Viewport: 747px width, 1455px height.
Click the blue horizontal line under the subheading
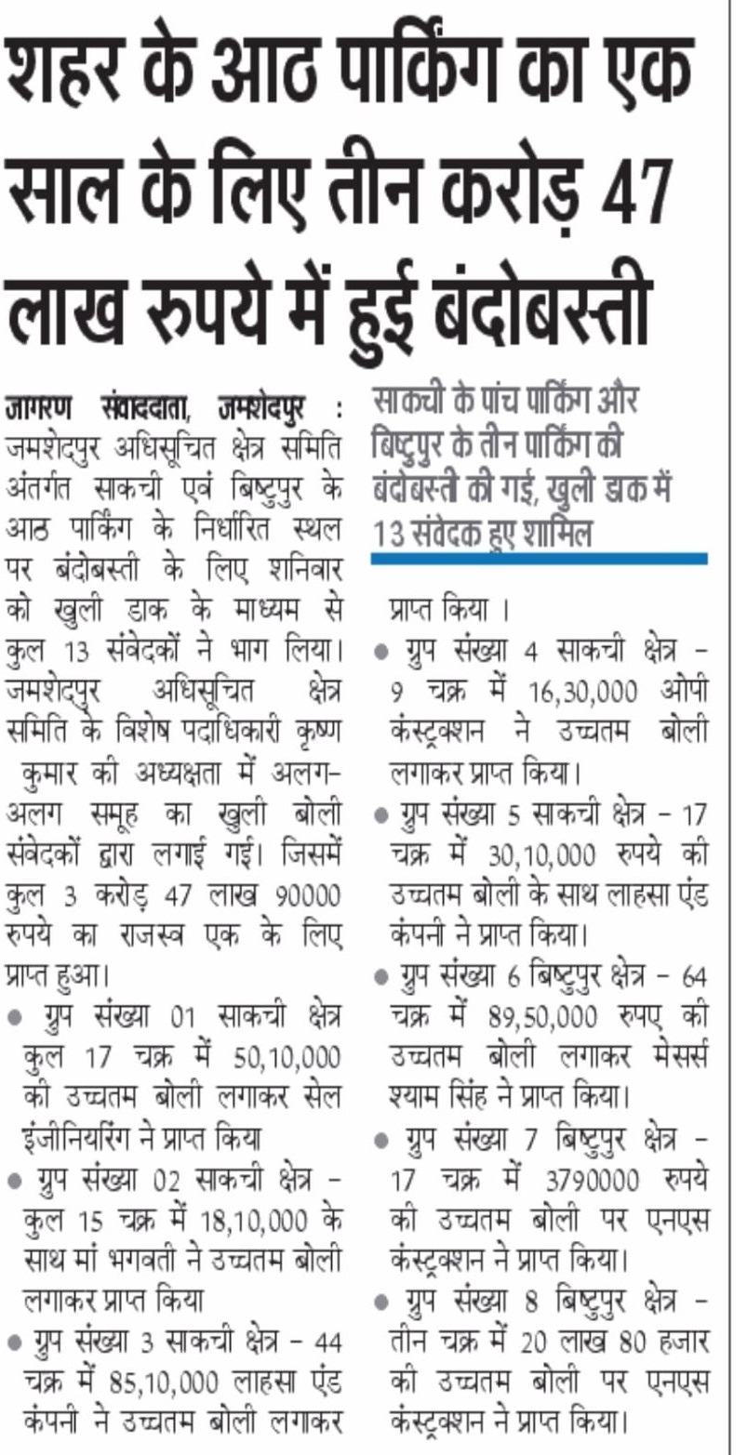539,559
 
